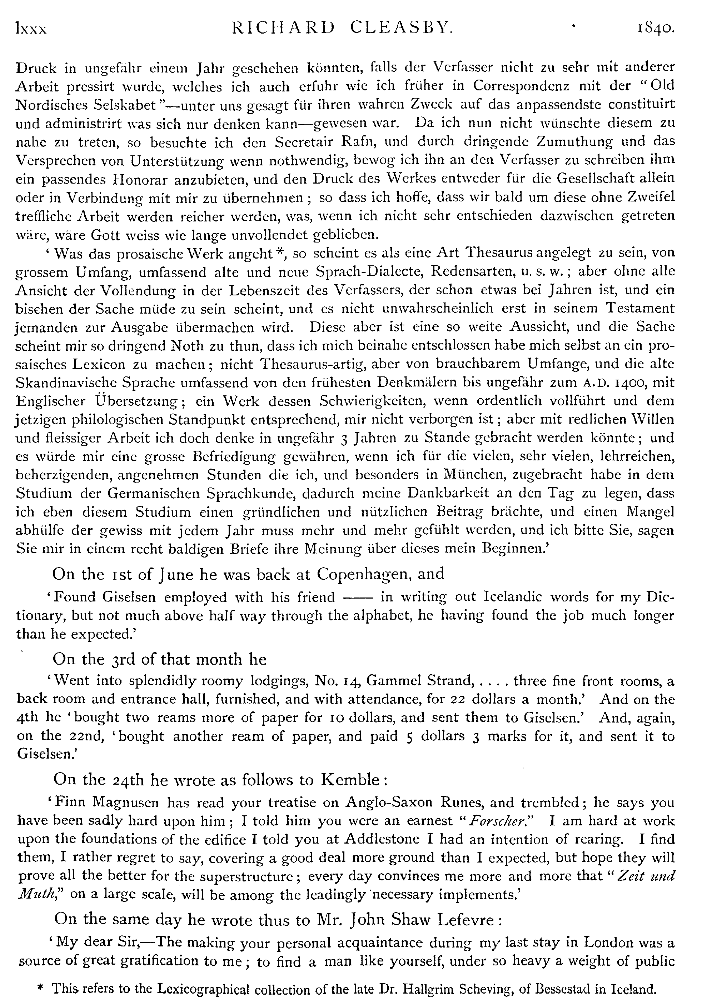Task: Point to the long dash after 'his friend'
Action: pos(357,597)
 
